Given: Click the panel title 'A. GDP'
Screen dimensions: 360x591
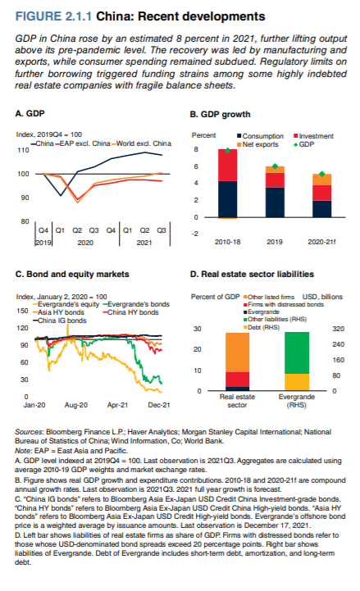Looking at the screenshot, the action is pyautogui.click(x=30, y=113).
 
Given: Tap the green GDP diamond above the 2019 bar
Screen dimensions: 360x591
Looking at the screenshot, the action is pyautogui.click(x=275, y=166).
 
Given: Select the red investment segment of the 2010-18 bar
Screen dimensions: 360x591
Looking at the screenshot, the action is pyautogui.click(x=228, y=165).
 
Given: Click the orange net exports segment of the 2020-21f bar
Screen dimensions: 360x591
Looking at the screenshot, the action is pyautogui.click(x=322, y=180).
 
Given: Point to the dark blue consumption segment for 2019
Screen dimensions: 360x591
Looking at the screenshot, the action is pyautogui.click(x=275, y=202).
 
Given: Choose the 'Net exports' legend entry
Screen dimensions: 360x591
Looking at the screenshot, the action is pyautogui.click(x=257, y=144).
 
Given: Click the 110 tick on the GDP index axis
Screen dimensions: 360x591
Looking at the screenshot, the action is pyautogui.click(x=24, y=150).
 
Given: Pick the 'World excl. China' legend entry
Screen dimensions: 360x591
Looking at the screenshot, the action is pyautogui.click(x=141, y=143).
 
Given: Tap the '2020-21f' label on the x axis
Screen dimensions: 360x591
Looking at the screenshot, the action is pyautogui.click(x=321, y=242).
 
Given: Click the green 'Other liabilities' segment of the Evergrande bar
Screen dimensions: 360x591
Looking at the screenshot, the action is pyautogui.click(x=297, y=352).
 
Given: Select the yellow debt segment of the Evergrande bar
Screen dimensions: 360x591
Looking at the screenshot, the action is pyautogui.click(x=297, y=382).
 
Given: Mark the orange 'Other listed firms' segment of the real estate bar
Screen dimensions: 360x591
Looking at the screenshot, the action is pyautogui.click(x=237, y=352).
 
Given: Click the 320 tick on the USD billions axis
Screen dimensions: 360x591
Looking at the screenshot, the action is pyautogui.click(x=338, y=329).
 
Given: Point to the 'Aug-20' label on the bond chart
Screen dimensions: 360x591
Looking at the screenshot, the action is pyautogui.click(x=76, y=405).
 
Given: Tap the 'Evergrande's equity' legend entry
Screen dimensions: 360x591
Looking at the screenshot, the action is pyautogui.click(x=66, y=304).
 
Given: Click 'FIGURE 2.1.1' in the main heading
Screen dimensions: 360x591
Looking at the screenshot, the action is pyautogui.click(x=53, y=16).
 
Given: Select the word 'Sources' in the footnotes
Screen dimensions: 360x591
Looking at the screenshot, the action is pyautogui.click(x=29, y=432).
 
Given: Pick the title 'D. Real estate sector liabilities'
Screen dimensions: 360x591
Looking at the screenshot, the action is pyautogui.click(x=252, y=274).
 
